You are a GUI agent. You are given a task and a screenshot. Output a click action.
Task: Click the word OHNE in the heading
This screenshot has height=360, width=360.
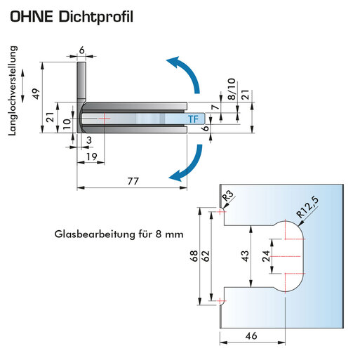click(32, 16)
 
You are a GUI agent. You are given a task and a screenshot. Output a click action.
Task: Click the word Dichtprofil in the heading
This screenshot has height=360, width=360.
click(96, 17)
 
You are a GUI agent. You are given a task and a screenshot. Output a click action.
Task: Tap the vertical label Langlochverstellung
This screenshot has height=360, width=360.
click(13, 91)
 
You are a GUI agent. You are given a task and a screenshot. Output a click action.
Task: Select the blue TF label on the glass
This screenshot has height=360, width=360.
click(193, 119)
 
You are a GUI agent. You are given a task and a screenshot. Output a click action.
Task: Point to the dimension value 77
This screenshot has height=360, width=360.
click(133, 181)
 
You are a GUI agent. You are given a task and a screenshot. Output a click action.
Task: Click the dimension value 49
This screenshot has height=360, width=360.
click(36, 93)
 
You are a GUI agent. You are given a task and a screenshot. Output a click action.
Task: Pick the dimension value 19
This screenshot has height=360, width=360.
click(91, 156)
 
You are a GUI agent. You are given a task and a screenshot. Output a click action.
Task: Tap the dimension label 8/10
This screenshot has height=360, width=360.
click(232, 89)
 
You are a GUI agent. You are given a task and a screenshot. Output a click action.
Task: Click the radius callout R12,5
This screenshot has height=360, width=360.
click(307, 207)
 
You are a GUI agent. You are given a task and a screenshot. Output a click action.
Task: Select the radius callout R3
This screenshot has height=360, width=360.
click(227, 196)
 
